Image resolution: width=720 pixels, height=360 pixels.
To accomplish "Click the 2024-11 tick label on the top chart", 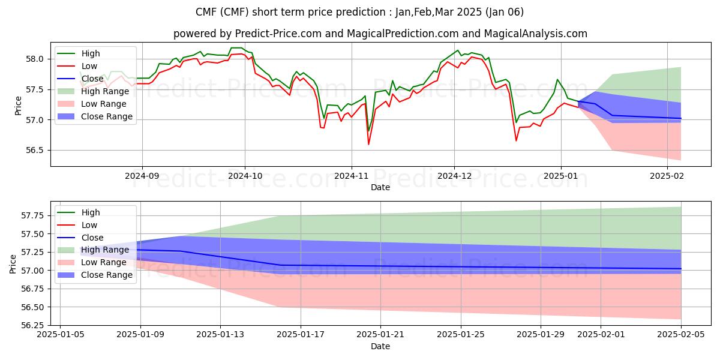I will pos(351,176).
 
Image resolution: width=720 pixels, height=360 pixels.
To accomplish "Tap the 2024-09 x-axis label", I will pos(142,176).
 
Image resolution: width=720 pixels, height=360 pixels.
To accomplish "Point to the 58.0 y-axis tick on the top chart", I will pos(35,59).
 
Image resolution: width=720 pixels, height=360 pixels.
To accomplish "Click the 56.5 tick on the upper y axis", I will pos(35,151).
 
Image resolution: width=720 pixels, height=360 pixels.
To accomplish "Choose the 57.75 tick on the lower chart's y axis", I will pos(33,215).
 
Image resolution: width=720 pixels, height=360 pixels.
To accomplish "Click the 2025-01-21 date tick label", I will pos(380,335).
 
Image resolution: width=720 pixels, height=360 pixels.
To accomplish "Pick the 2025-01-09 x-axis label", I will pos(140,335).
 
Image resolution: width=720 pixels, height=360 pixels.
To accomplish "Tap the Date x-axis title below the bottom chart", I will pos(380,346).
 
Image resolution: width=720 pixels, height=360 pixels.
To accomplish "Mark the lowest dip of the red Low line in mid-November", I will pos(368,144).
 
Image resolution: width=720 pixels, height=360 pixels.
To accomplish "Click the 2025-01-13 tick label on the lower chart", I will pos(220,335).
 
